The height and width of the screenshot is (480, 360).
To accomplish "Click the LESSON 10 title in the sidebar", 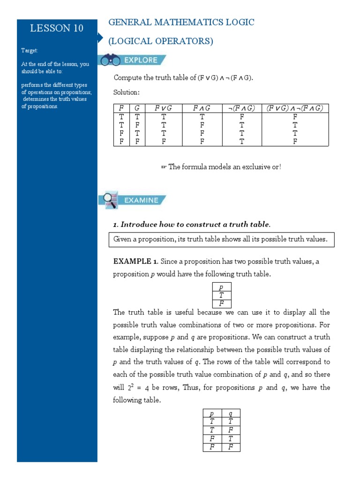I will point(57,28).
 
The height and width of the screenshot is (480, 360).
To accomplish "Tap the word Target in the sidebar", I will point(30,50).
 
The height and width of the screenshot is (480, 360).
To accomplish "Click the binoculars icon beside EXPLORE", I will point(110,60).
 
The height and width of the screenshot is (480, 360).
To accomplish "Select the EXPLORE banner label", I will point(141,60).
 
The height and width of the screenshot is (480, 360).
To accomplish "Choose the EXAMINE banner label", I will point(141,200).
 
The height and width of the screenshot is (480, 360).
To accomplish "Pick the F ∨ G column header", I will point(163,108).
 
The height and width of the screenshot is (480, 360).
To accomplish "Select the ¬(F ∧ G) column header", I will point(241,108).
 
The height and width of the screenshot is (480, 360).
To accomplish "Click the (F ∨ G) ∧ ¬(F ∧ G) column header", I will point(295,108).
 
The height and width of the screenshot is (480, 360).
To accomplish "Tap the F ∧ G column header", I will point(202,108).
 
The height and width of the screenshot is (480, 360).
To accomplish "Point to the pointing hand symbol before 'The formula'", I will point(164,167).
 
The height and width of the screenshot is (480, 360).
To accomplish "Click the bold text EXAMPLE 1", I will point(135,262).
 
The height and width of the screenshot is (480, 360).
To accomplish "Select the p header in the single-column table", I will point(221,287).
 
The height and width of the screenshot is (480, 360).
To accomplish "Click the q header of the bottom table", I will point(230,413).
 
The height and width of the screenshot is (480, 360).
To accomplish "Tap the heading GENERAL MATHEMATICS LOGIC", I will point(181,22).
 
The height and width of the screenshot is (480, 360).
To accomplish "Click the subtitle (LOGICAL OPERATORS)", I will point(161,41).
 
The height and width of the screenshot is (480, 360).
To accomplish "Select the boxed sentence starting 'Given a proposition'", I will point(220,239).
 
